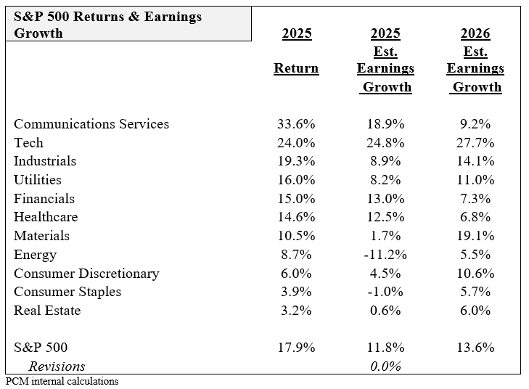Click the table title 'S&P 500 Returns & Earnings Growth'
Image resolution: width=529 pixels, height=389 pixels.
pyautogui.click(x=107, y=25)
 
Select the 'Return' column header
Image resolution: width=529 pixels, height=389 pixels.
pyautogui.click(x=296, y=68)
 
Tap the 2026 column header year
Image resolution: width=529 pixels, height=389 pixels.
pyautogui.click(x=475, y=33)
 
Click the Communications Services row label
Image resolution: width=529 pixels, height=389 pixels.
pyautogui.click(x=91, y=124)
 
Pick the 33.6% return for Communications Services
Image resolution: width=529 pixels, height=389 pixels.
pyautogui.click(x=296, y=124)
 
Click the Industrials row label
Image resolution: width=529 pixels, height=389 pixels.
pyautogui.click(x=45, y=161)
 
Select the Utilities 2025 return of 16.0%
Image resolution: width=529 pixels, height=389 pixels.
pyautogui.click(x=296, y=180)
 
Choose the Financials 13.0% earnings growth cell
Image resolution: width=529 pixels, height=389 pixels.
pyautogui.click(x=387, y=199)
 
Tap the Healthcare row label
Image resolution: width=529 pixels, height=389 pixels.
pyautogui.click(x=46, y=217)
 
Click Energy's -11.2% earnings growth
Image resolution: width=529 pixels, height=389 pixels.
pyautogui.click(x=385, y=255)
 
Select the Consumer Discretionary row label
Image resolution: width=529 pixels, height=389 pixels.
pyautogui.click(x=86, y=274)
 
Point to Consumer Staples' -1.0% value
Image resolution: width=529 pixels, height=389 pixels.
pyautogui.click(x=386, y=292)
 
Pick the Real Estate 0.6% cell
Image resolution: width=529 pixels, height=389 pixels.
pyautogui.click(x=387, y=311)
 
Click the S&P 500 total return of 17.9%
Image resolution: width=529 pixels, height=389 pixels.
pyautogui.click(x=296, y=348)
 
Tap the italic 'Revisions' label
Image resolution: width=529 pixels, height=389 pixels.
pyautogui.click(x=57, y=367)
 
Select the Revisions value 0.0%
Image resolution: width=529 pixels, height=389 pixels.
pyautogui.click(x=387, y=367)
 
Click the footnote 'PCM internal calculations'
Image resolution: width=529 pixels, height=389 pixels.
pyautogui.click(x=62, y=381)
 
